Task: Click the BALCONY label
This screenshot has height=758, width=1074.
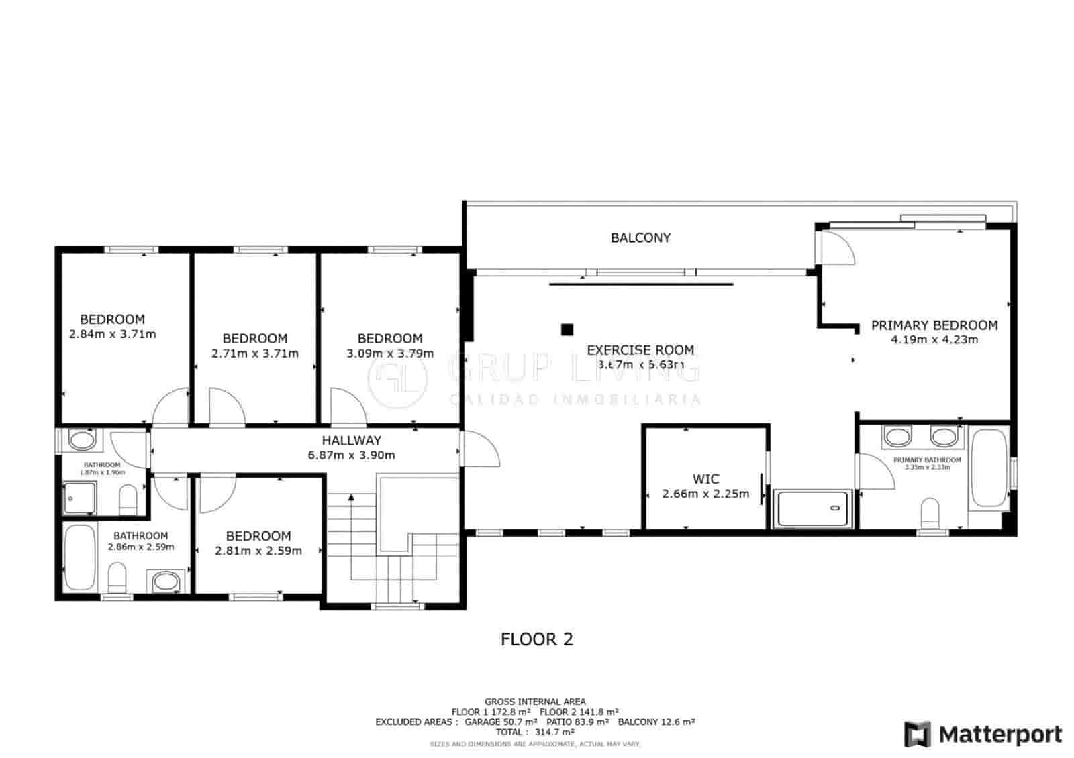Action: coord(640,237)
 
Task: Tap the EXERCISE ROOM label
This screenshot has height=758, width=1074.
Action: coord(640,349)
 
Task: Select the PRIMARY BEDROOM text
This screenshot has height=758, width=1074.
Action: coord(934,325)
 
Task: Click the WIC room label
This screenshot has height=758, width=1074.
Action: coord(705,479)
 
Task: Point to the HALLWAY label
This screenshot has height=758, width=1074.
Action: coord(351,441)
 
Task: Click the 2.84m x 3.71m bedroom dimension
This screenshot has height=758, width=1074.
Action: coord(112,333)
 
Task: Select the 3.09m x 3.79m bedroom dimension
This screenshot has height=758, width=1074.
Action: coord(390,353)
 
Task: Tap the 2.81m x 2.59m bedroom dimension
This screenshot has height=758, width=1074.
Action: coord(258,551)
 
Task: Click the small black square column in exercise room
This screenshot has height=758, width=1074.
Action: coord(568,329)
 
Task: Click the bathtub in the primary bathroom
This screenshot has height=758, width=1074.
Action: coord(989,468)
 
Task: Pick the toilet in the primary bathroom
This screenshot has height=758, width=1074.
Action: coord(930,514)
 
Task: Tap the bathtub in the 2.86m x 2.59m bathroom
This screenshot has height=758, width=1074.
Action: coord(80,555)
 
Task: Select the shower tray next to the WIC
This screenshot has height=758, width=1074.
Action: coord(813,508)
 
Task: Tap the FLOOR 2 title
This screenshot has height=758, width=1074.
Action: coord(537,639)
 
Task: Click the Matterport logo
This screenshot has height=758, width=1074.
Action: coord(983,734)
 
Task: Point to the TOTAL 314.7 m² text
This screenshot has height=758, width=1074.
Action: coord(534,733)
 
